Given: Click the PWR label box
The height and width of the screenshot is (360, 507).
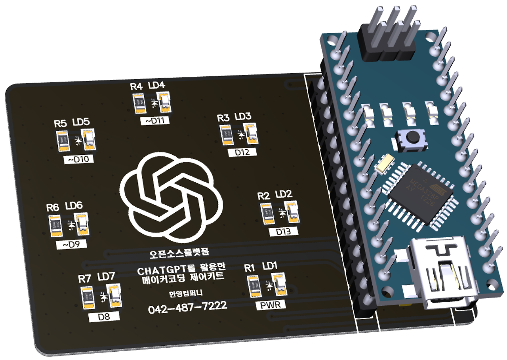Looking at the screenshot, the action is (x=271, y=305).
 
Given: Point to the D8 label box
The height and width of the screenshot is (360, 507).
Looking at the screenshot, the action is (x=105, y=317).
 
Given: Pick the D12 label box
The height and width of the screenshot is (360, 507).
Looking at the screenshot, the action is (x=242, y=152).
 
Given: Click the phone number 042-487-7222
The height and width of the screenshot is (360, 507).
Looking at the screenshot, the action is (x=187, y=307).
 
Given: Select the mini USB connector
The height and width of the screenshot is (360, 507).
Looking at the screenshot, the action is (x=442, y=273).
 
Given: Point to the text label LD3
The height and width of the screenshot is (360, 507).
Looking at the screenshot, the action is (x=243, y=117).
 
